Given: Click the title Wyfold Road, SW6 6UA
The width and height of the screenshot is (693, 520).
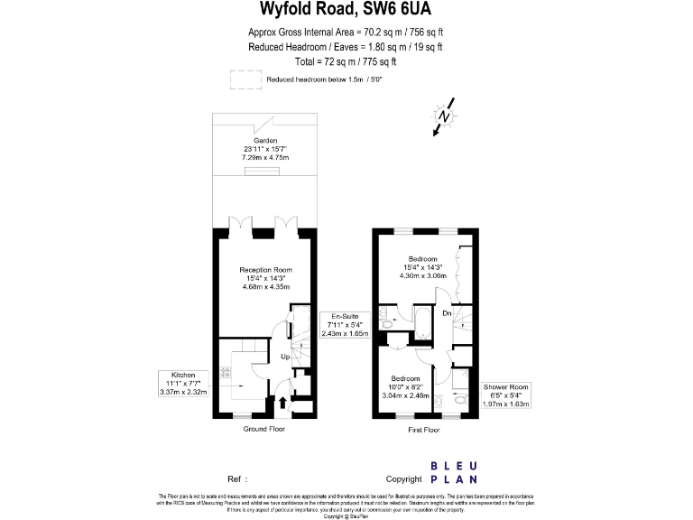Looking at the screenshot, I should click(346, 12).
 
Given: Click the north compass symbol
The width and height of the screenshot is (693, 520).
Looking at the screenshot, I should click(442, 118).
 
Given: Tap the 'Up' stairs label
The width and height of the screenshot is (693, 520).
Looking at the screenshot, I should click(285, 356).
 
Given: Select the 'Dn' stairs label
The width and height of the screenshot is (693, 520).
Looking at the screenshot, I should click(447, 313).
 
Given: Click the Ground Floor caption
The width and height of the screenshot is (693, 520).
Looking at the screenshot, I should click(264, 429).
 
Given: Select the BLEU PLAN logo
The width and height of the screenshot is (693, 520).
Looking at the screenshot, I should click(454, 472).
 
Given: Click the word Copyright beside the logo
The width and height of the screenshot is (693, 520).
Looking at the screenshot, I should click(403, 478).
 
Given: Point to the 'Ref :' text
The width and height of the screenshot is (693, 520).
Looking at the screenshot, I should click(236, 478).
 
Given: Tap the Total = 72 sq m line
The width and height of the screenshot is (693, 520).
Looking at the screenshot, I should click(346, 61).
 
